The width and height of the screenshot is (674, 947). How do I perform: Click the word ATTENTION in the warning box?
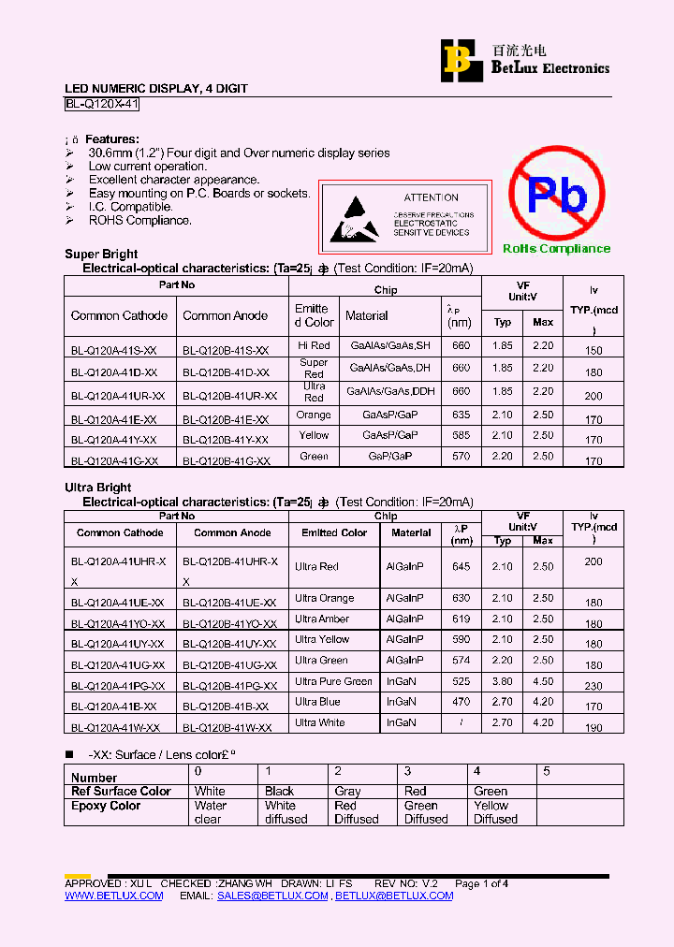pyautogui.click(x=431, y=197)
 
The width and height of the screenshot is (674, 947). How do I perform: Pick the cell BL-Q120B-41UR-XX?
pyautogui.click(x=229, y=396)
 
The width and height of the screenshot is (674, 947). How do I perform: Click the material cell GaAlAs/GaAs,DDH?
pyautogui.click(x=390, y=392)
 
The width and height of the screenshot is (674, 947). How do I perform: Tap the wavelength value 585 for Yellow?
pyautogui.click(x=461, y=435)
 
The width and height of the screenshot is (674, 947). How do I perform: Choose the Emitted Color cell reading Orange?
pyautogui.click(x=314, y=415)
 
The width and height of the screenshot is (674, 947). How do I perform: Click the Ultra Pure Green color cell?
pyautogui.click(x=333, y=682)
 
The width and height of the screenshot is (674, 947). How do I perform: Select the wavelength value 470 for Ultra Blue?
pyautogui.click(x=461, y=702)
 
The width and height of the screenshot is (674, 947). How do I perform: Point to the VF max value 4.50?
pyautogui.click(x=543, y=682)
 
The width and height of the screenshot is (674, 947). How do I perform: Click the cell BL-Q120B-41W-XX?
pyautogui.click(x=227, y=727)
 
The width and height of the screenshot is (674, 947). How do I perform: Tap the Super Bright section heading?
pyautogui.click(x=101, y=254)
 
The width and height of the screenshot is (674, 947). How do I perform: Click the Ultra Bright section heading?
pyautogui.click(x=98, y=488)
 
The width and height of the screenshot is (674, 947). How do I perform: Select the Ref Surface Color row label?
pyautogui.click(x=122, y=792)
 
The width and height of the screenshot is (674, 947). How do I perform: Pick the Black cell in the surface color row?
pyautogui.click(x=279, y=792)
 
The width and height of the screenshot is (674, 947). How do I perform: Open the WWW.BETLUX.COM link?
pyautogui.click(x=113, y=896)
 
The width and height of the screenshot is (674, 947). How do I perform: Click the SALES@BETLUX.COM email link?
pyautogui.click(x=272, y=896)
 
